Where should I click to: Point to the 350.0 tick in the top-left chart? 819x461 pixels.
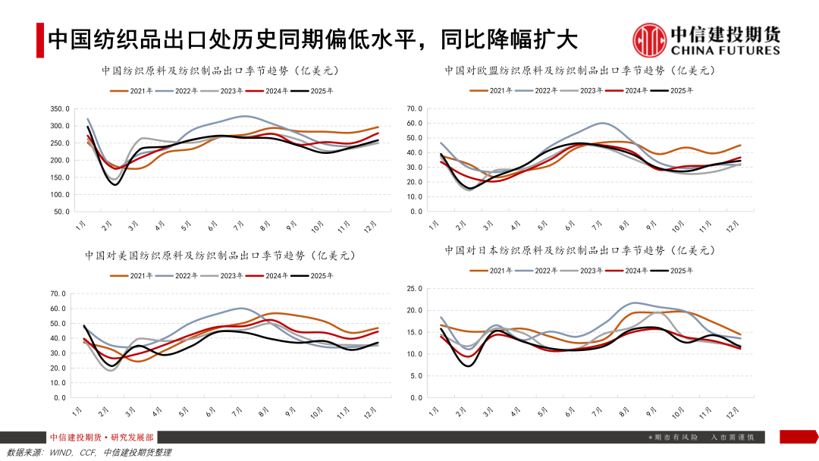coord(60,108)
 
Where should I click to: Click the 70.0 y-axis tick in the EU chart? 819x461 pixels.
coord(414,108)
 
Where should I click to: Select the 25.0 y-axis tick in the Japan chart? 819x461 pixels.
coord(414,288)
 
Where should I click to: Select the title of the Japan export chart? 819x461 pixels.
coord(579,249)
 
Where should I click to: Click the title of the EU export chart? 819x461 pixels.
coord(579,71)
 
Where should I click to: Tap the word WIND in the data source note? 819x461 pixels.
coord(61,453)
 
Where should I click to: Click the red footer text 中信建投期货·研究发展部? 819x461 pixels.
coord(102,437)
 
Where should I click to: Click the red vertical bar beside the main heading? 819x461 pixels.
coord(40,40)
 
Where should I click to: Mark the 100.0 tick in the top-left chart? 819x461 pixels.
coord(60,194)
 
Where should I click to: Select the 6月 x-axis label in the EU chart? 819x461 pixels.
coord(570,226)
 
